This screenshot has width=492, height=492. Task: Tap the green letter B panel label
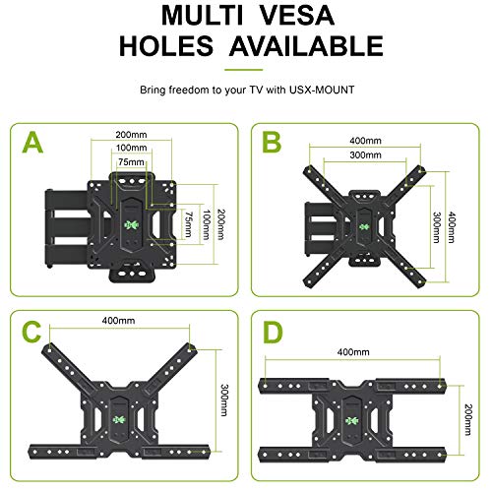pyautogui.click(x=273, y=147)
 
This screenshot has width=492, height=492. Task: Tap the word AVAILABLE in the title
pyautogui.click(x=307, y=46)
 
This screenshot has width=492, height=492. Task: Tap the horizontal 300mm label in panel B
pyautogui.click(x=366, y=157)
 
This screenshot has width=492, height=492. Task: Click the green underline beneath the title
pyautogui.click(x=245, y=69)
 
